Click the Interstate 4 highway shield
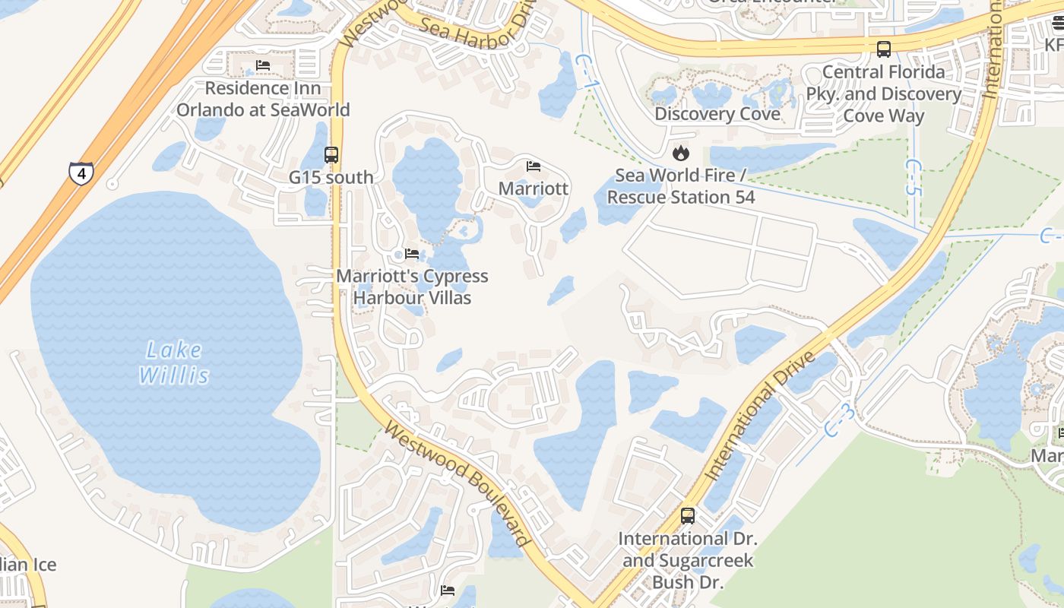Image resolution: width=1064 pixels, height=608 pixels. point(81,173)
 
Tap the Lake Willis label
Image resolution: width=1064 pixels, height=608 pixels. point(174,363)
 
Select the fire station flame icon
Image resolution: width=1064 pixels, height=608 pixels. point(681,154)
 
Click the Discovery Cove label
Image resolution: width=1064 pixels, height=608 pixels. point(717,114)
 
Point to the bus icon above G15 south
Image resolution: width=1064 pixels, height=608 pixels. point(331,155)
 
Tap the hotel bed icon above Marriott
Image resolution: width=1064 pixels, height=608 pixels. point(534,166)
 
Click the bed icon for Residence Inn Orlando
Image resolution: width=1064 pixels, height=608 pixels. point(263,65)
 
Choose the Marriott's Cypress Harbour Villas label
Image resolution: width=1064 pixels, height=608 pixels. point(413,287)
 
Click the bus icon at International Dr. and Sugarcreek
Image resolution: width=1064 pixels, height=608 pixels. point(688,516)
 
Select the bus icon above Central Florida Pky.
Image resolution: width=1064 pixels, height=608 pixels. point(884,49)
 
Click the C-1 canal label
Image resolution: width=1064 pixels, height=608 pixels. point(584,71)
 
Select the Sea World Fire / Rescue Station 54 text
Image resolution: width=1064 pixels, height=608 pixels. point(681,186)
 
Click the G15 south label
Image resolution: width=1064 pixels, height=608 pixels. point(331,177)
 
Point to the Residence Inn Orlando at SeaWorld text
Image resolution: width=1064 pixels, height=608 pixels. point(263,99)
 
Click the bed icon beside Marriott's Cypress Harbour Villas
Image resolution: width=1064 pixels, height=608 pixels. point(412,254)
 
